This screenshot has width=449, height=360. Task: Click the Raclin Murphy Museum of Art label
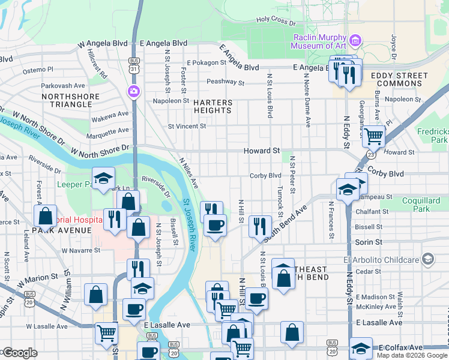[x=320, y=42]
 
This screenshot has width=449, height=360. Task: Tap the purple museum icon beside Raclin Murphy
[x=356, y=41]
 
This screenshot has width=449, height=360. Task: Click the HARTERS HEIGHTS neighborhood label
[x=212, y=107]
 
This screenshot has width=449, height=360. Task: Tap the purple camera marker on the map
[x=133, y=91]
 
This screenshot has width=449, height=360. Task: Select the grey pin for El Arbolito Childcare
[x=427, y=259]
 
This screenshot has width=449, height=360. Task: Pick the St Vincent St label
[x=187, y=126]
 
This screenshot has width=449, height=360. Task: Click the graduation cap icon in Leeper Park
[x=103, y=178]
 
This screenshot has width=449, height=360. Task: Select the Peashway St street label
[x=225, y=82]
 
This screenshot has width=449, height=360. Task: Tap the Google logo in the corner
[x=20, y=353]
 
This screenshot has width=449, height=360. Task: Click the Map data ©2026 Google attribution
[x=412, y=355]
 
